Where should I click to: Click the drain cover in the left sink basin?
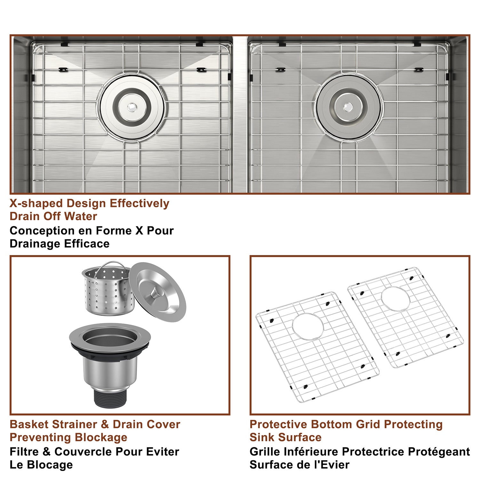coord(132,107)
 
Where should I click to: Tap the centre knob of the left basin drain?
coord(131,107)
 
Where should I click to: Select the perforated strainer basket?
coord(108,289)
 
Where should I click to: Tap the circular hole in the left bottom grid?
coord(308,326)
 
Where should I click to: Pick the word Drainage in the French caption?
coord(35,244)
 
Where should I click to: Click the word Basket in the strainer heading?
coord(29,424)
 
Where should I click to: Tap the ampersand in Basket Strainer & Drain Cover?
coord(105,424)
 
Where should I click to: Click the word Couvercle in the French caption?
coord(83,452)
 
